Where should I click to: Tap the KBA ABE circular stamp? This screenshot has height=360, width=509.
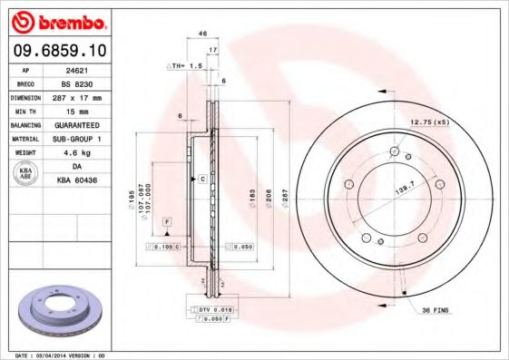[26, 174]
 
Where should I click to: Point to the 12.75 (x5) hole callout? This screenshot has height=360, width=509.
[430, 122]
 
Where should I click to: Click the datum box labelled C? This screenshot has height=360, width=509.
[202, 180]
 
